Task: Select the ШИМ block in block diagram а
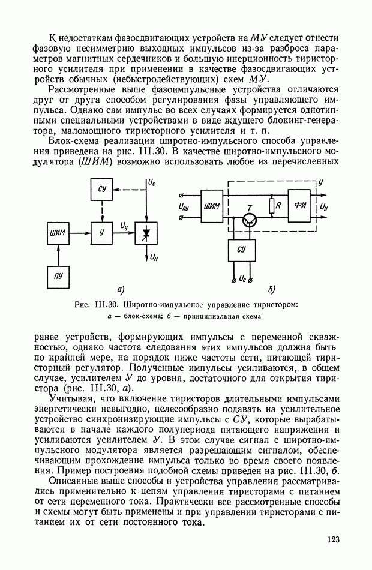tap(58, 232)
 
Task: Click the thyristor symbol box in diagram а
tap(146, 232)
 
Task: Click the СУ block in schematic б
tap(241, 249)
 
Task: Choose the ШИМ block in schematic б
tap(212, 207)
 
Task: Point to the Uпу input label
tap(185, 207)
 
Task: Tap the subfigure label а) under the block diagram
tap(120, 290)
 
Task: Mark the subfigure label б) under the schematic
tap(271, 290)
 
